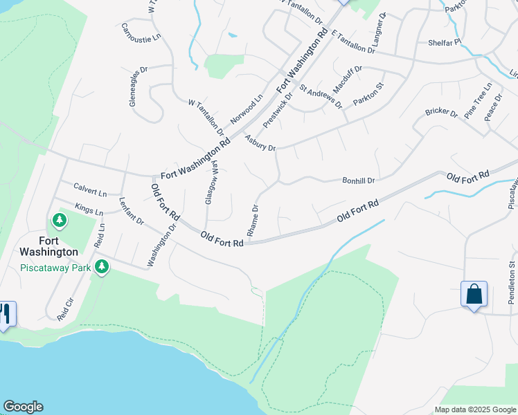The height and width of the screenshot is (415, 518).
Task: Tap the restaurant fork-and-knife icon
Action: pos(5,314)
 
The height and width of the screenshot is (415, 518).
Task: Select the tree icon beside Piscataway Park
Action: pos(102,267)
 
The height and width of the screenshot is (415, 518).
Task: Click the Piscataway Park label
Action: pos(56,268)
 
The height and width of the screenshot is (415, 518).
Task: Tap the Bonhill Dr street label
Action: pos(358,181)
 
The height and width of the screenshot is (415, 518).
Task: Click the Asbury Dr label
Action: pos(260,143)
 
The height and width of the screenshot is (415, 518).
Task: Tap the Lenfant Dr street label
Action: pos(131,212)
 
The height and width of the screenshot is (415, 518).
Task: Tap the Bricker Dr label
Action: pos(441,112)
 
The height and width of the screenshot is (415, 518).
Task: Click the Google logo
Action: pos(23,407)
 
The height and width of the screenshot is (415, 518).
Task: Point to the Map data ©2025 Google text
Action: pos(474,409)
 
